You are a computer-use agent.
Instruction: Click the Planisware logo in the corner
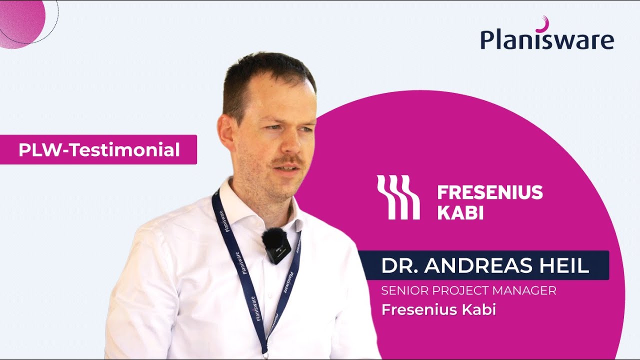tap(547, 39)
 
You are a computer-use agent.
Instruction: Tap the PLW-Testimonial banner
tap(98, 149)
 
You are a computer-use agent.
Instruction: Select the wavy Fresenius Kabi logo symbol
tap(398, 197)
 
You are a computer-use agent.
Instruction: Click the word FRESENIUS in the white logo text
tap(490, 192)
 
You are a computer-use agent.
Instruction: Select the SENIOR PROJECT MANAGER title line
tap(468, 290)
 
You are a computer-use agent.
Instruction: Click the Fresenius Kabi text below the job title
tap(438, 309)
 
